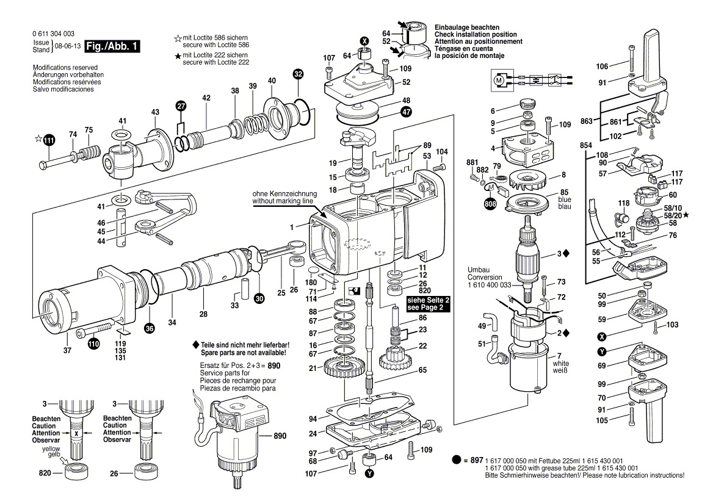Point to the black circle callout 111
pyautogui.click(x=49, y=141)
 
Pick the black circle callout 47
pyautogui.click(x=406, y=112)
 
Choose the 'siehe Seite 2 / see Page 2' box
pyautogui.click(x=428, y=304)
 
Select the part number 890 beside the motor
pyautogui.click(x=280, y=436)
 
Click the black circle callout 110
pyautogui.click(x=93, y=344)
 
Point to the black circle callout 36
pyautogui.click(x=150, y=328)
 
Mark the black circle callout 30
pyautogui.click(x=259, y=299)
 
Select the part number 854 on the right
pyautogui.click(x=587, y=146)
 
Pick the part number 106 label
pyautogui.click(x=603, y=67)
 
